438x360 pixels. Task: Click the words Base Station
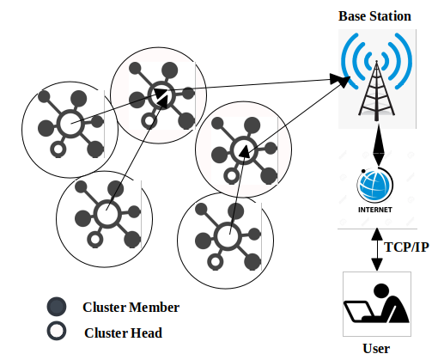pyautogui.click(x=374, y=16)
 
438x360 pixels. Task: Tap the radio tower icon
pyautogui.click(x=377, y=90)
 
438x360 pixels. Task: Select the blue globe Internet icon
pyautogui.click(x=374, y=185)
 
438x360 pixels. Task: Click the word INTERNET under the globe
pyautogui.click(x=375, y=210)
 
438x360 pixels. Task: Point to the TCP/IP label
pyautogui.click(x=406, y=247)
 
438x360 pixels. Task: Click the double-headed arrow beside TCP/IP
pyautogui.click(x=377, y=249)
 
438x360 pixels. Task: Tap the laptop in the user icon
pyautogui.click(x=359, y=312)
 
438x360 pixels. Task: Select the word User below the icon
pyautogui.click(x=376, y=349)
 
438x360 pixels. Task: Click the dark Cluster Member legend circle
pyautogui.click(x=57, y=307)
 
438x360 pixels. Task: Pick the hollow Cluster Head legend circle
pyautogui.click(x=57, y=331)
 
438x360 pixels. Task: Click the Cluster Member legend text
pyautogui.click(x=131, y=308)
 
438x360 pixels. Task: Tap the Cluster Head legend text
pyautogui.click(x=123, y=333)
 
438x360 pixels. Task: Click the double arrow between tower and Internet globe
pyautogui.click(x=379, y=145)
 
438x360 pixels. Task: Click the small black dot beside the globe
pyautogui.click(x=363, y=171)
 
